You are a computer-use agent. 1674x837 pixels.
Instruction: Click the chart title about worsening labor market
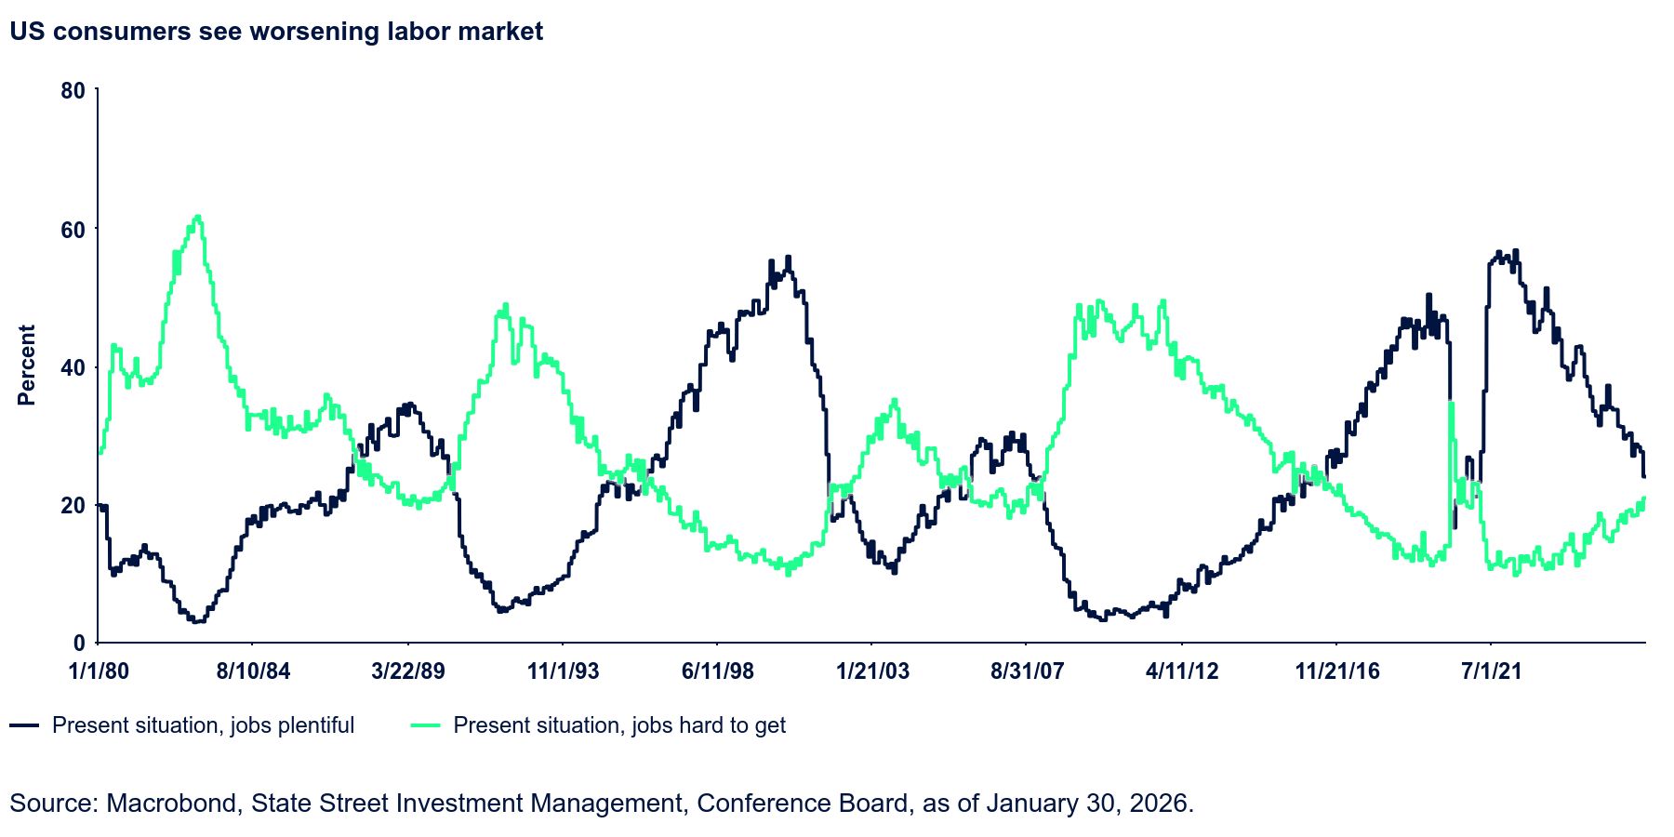point(276,32)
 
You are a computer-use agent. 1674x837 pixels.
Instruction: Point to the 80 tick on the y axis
point(73,91)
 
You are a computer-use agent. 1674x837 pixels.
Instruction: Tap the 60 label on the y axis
point(73,230)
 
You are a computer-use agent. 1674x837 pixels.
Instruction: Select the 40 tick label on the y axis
point(73,367)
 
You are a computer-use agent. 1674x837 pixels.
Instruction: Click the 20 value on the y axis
point(73,506)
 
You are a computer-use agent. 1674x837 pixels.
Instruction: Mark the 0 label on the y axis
point(79,644)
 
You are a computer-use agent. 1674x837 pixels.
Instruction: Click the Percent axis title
point(26,365)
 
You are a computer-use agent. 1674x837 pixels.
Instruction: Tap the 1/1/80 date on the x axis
point(99,671)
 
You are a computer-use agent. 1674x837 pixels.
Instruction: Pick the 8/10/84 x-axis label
point(253,671)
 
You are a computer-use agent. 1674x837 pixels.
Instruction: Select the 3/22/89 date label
point(407,671)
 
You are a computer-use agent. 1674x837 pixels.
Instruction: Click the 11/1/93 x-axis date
point(563,671)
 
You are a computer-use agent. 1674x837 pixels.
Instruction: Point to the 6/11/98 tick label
point(717,671)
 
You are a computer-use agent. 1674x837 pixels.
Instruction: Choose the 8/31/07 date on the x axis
point(1027,671)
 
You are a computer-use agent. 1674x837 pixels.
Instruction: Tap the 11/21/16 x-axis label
point(1336,671)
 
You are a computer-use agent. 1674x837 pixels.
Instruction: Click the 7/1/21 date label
point(1491,671)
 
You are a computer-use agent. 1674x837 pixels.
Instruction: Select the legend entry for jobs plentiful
point(203,725)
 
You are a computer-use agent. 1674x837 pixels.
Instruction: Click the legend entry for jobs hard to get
point(619,725)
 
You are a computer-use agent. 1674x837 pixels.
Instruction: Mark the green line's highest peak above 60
point(196,218)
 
